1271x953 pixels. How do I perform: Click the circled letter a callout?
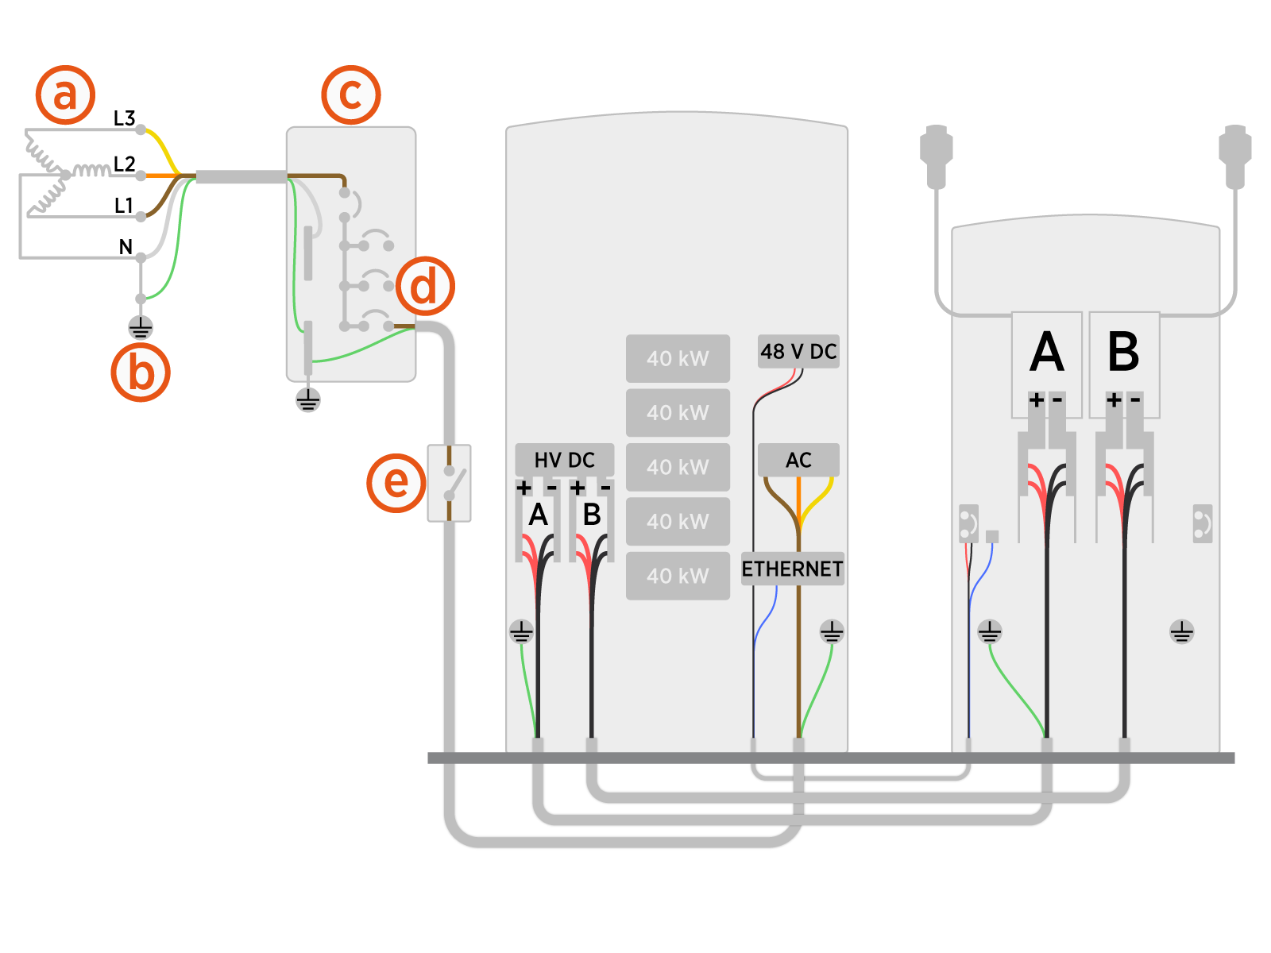click(x=65, y=95)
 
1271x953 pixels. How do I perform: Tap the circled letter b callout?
click(x=141, y=372)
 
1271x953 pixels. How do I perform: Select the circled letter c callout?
click(x=350, y=95)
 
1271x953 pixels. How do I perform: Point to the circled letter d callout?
click(x=425, y=286)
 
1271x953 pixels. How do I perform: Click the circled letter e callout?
click(x=396, y=482)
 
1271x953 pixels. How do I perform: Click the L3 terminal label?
click(x=124, y=118)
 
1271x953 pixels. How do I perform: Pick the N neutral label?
click(x=126, y=247)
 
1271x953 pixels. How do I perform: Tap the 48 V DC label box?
click(x=798, y=351)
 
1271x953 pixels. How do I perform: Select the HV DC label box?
click(x=564, y=460)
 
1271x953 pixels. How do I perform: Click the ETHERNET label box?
click(x=792, y=569)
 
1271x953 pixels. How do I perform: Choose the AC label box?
click(x=798, y=460)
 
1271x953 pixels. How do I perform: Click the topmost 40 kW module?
click(x=678, y=358)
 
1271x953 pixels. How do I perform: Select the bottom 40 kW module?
click(x=678, y=576)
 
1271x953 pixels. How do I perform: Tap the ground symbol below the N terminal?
click(x=141, y=327)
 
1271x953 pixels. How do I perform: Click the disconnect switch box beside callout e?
click(x=450, y=483)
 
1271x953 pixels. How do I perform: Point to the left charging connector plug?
click(x=937, y=155)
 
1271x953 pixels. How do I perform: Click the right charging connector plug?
click(x=1235, y=155)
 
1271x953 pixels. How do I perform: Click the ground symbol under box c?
click(x=308, y=399)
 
